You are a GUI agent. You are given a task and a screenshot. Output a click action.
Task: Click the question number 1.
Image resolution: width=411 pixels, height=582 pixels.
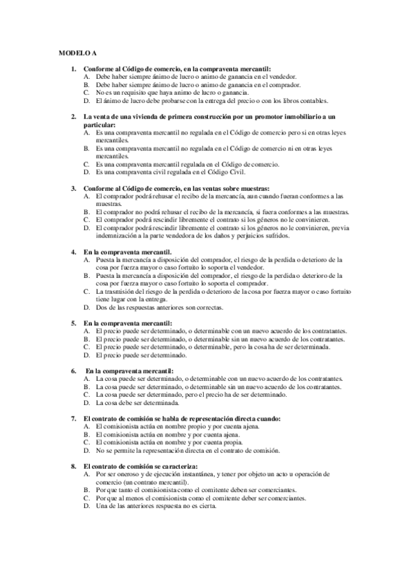point(74,69)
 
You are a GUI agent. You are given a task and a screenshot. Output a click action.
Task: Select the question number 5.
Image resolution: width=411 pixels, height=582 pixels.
point(74,322)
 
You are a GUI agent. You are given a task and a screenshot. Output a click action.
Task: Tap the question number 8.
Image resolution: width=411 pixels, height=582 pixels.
point(74,466)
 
